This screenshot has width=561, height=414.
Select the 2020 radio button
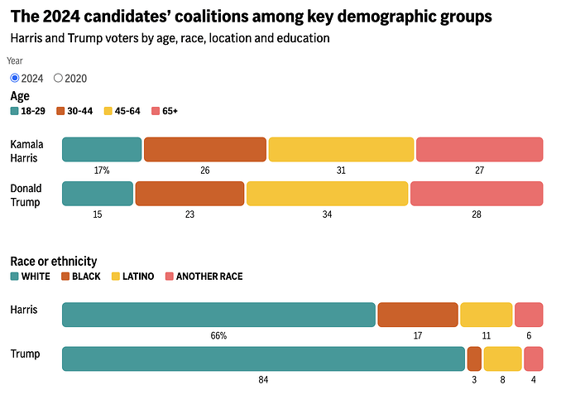tap(59, 79)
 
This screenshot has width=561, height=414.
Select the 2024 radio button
tap(15, 79)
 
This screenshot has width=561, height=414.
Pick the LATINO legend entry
tap(132, 276)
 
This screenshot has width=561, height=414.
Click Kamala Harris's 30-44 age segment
tap(205, 149)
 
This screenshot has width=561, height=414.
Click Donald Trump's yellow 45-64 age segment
tap(327, 193)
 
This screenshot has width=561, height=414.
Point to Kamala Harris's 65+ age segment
tap(479, 149)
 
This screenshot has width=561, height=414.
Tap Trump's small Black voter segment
tap(474, 359)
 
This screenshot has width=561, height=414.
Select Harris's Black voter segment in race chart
tap(418, 315)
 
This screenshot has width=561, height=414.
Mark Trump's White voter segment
tap(263, 359)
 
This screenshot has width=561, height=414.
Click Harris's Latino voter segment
tap(487, 315)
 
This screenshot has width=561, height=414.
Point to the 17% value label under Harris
tap(102, 171)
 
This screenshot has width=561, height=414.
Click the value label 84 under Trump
tap(263, 380)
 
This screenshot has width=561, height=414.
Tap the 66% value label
tap(218, 336)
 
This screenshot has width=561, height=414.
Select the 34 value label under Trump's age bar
tap(327, 214)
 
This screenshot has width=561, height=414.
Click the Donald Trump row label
tap(26, 194)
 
